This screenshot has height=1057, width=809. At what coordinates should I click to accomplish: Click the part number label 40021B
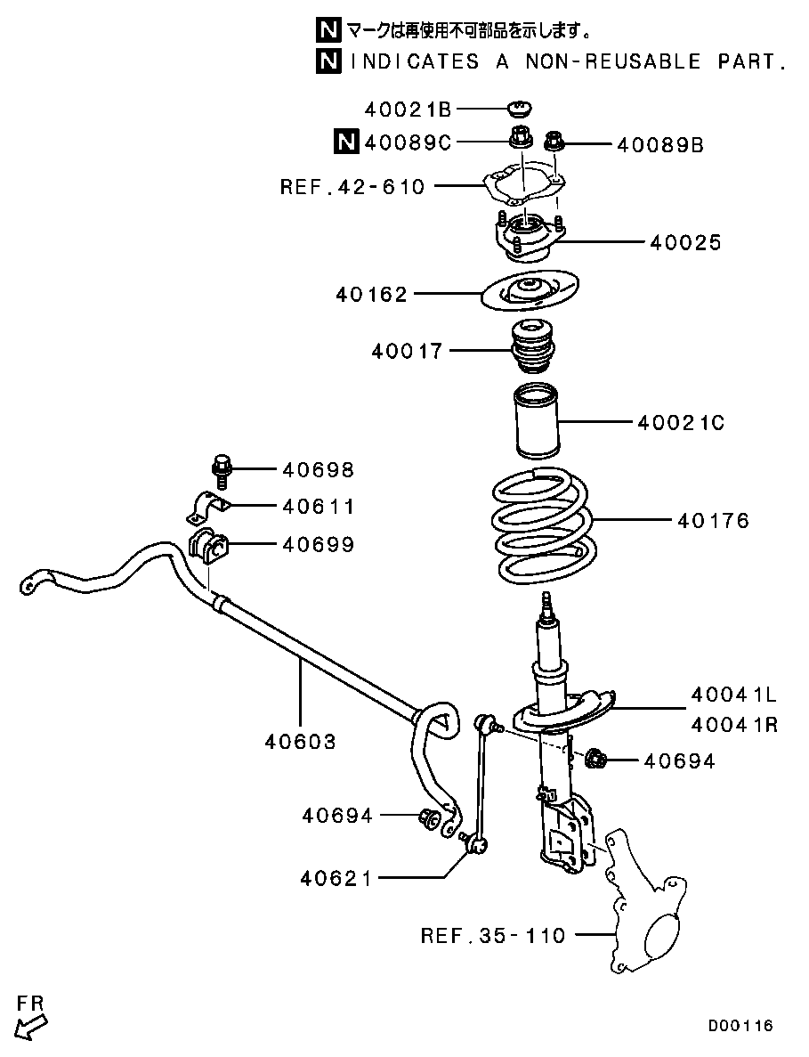coord(408,110)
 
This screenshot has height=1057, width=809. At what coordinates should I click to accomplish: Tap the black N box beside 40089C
coord(345,142)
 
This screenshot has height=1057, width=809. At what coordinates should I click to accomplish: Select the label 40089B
coord(659,144)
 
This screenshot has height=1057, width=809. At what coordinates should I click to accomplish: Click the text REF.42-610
coord(352,187)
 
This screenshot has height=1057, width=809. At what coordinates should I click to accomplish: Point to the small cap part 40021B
coord(519,110)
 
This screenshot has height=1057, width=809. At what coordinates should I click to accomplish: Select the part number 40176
coord(713,520)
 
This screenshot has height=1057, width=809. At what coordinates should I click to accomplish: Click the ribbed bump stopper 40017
coord(532,350)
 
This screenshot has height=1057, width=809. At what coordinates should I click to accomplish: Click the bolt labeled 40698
coord(222,470)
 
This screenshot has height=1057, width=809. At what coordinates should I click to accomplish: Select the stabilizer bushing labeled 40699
coord(209,547)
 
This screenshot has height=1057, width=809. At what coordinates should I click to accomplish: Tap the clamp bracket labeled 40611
coord(207,507)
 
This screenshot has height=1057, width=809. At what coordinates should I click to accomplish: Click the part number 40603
coord(300,741)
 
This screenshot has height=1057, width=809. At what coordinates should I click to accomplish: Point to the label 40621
coord(336,879)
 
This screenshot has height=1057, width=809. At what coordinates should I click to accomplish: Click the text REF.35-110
coord(492,936)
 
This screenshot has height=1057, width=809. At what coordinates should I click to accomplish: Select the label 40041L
coord(733,695)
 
